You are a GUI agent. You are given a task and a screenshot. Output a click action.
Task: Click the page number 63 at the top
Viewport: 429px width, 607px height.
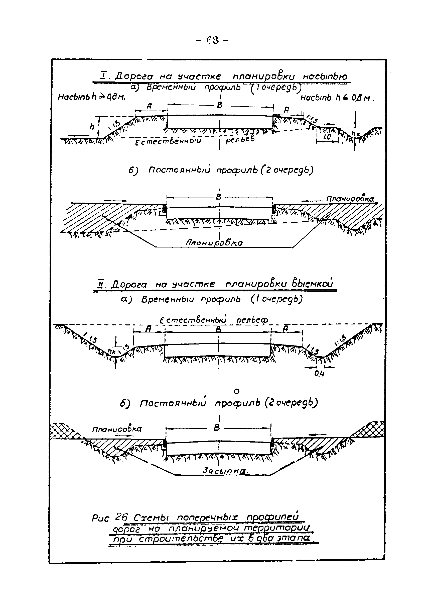pyautogui.click(x=213, y=40)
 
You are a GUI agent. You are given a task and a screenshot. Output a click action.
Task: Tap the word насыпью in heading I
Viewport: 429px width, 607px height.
pyautogui.click(x=325, y=76)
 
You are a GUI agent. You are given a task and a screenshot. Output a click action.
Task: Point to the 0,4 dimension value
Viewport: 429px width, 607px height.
pyautogui.click(x=319, y=374)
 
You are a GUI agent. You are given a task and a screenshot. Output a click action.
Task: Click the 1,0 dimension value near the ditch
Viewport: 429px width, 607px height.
pyautogui.click(x=327, y=137)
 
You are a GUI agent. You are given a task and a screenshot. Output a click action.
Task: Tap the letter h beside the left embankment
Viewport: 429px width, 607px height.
pyautogui.click(x=92, y=127)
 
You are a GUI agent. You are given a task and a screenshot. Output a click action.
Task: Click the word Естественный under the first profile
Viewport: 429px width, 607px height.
pyautogui.click(x=168, y=141)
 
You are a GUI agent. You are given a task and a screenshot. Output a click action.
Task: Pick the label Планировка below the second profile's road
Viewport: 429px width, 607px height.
pyautogui.click(x=214, y=242)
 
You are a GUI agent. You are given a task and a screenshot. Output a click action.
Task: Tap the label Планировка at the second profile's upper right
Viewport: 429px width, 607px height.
pyautogui.click(x=350, y=199)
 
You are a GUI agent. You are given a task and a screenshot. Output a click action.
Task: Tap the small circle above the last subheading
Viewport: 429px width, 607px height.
pyautogui.click(x=237, y=391)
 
